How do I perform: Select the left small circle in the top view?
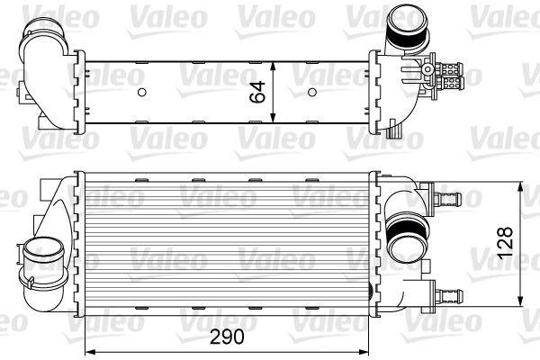[141, 92]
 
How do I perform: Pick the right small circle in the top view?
[311, 92]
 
